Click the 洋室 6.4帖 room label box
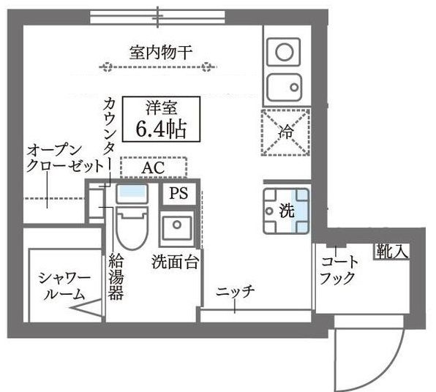(x=161, y=119)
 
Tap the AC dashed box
(x=154, y=167)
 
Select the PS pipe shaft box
(x=178, y=194)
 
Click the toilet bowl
(x=132, y=227)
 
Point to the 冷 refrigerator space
(x=285, y=132)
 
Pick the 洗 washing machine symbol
(x=286, y=211)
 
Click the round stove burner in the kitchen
(x=284, y=52)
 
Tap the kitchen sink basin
(x=284, y=88)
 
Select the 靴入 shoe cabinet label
(x=391, y=252)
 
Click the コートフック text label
(x=339, y=270)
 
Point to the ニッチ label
(x=236, y=291)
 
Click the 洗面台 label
(x=175, y=261)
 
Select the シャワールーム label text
(x=64, y=287)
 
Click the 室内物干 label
(x=161, y=52)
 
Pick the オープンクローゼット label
(x=64, y=159)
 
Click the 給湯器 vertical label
(x=116, y=276)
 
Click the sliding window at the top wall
(x=157, y=18)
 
